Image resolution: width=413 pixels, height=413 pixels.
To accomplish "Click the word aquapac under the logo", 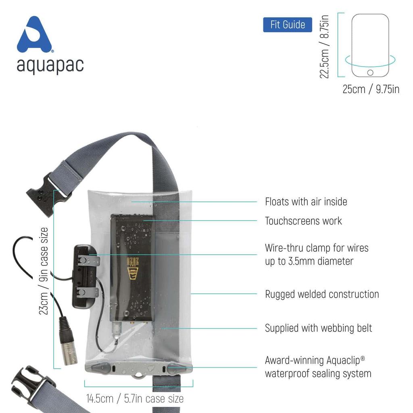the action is click(x=50, y=65).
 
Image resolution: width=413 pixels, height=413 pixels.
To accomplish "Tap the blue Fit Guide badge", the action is click(x=287, y=25).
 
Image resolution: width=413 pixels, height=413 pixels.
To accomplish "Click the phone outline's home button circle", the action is click(x=370, y=73).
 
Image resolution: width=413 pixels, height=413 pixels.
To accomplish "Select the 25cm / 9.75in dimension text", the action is click(x=371, y=89).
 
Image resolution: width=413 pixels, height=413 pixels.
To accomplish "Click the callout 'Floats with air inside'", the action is click(x=306, y=201).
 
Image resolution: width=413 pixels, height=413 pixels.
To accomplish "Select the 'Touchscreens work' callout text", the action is click(x=303, y=221).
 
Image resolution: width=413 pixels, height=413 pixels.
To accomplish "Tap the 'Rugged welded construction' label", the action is click(x=322, y=294).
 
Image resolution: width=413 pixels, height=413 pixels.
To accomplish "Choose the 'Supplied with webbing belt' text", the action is click(x=318, y=328).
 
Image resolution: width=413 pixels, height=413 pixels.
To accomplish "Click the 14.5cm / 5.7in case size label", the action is click(x=135, y=399).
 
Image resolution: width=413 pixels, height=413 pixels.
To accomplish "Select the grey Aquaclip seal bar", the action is click(x=138, y=368).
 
